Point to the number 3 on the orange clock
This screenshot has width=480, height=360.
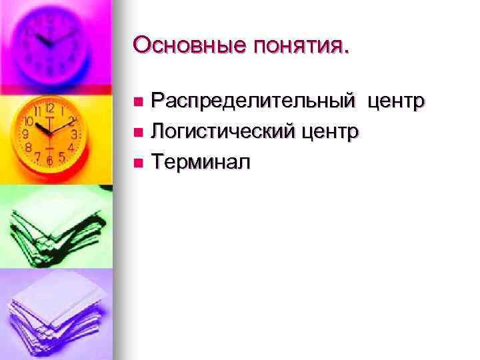click(75, 134)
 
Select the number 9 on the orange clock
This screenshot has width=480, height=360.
click(26, 133)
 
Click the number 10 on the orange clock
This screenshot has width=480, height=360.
click(29, 122)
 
